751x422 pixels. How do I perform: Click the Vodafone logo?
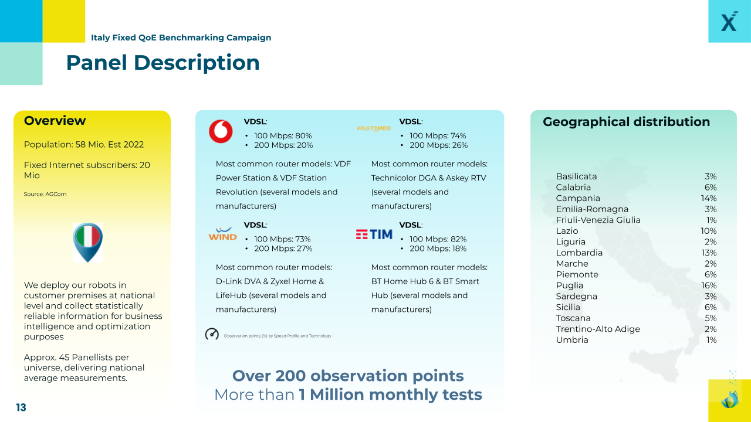221,131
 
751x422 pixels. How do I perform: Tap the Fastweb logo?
374,128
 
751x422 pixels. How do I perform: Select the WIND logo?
222,234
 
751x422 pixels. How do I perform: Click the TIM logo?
374,234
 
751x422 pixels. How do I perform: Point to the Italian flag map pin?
87,242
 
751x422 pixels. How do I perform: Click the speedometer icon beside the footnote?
212,334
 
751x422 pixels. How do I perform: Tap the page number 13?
21,407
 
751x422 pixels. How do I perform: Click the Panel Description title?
163,63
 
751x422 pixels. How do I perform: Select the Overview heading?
55,121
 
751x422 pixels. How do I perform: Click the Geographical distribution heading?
626,121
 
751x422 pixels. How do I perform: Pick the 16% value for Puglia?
709,285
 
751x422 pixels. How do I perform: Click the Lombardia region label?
579,253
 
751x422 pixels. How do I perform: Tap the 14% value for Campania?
709,198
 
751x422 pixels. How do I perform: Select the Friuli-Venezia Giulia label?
598,220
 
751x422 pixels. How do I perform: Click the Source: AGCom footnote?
45,194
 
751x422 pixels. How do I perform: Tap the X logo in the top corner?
729,21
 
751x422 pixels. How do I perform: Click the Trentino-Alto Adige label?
598,329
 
